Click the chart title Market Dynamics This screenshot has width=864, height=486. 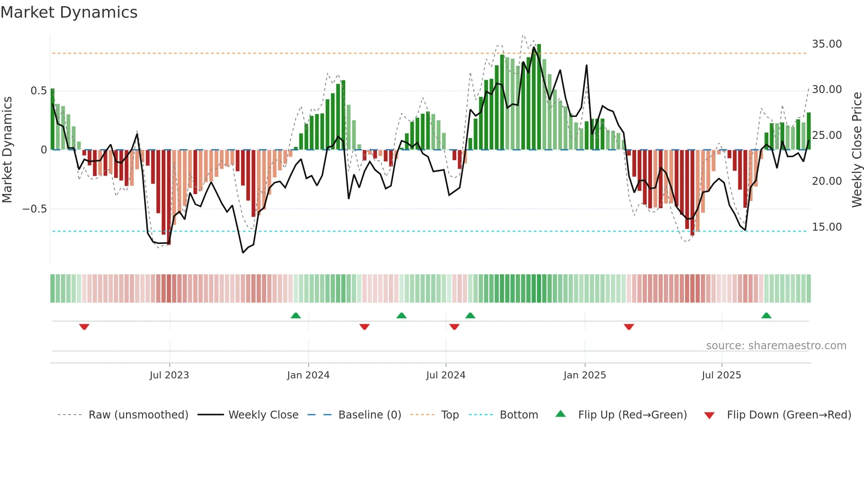coord(69,12)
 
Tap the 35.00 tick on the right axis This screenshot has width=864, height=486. coord(827,44)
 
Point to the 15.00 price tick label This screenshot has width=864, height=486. coord(827,227)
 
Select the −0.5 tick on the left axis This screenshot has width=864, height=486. coord(35,209)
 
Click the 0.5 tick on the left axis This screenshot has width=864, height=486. coord(38,91)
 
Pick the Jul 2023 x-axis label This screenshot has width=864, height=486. coord(169,375)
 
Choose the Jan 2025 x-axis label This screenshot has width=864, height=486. coord(585,375)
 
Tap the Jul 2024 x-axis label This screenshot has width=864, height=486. coord(446,375)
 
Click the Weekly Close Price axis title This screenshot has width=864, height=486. coord(857,150)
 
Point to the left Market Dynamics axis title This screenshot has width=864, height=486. coord(7,150)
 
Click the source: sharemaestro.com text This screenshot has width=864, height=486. coord(776,346)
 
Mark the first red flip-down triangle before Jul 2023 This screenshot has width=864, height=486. coord(84,327)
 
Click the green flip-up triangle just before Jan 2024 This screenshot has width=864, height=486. coord(296,315)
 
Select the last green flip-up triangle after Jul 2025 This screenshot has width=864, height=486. coord(766,315)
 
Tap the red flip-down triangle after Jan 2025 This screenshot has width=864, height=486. coord(629,327)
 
